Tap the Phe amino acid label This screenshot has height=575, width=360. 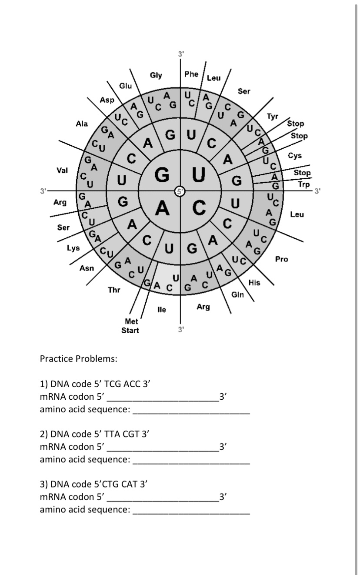(191, 74)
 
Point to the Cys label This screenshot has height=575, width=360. (294, 156)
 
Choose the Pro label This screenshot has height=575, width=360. (282, 259)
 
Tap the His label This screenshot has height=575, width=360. (254, 283)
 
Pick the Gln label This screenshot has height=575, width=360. (237, 295)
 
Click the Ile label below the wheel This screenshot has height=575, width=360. (161, 310)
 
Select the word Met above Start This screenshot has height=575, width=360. (131, 322)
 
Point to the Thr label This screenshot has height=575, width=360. (114, 290)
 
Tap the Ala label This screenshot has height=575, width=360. (82, 124)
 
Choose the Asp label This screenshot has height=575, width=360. (107, 100)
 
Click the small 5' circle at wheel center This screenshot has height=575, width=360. (180, 191)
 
